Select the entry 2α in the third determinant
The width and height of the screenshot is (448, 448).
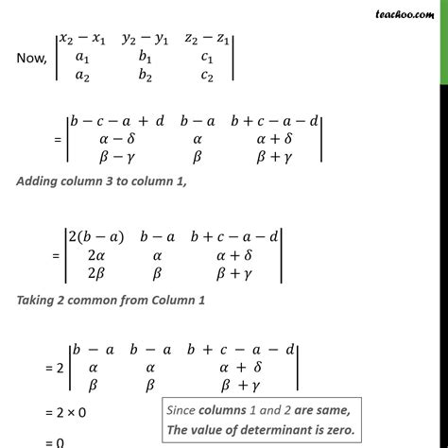click(96, 256)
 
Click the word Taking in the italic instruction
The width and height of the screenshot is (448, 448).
click(37, 301)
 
